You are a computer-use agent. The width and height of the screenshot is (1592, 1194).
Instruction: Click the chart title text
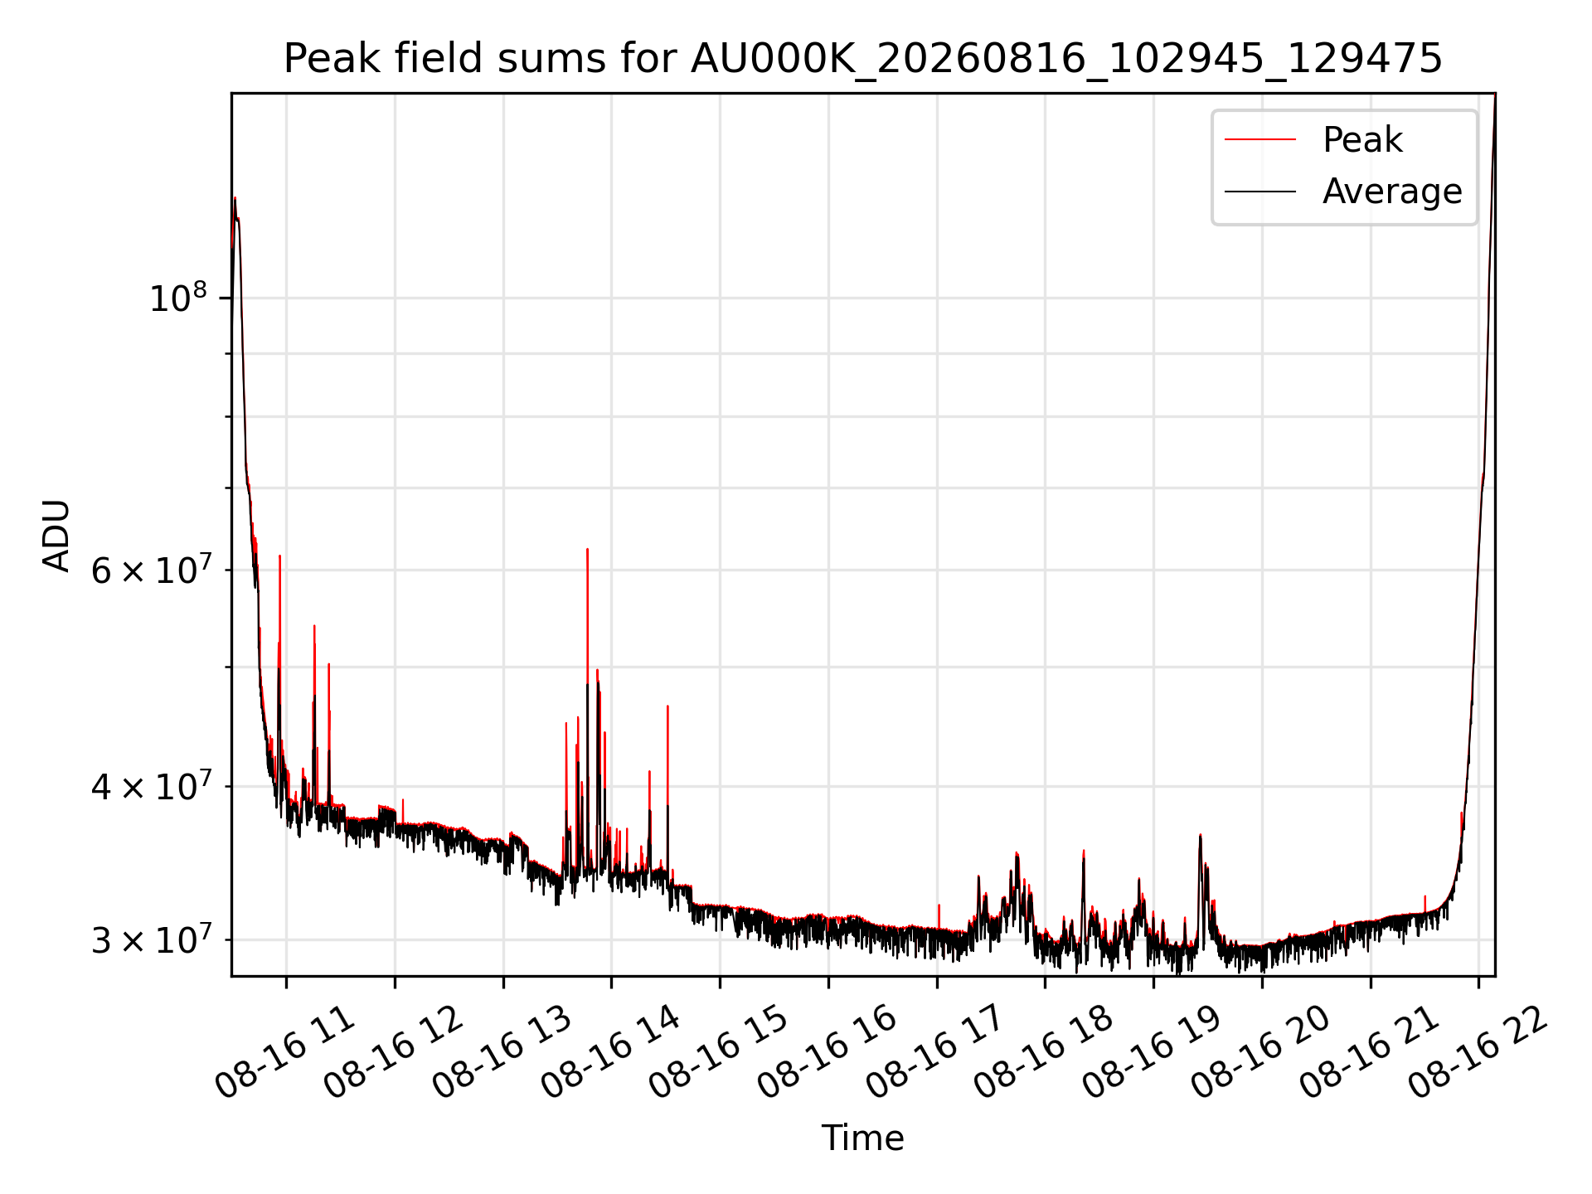862,59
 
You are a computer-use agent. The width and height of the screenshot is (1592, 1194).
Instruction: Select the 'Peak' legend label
1362,139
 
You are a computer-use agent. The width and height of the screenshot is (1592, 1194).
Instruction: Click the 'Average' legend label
1392,192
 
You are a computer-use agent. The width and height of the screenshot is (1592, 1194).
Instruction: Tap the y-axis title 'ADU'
56,535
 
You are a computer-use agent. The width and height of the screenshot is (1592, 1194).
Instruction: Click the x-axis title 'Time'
862,1138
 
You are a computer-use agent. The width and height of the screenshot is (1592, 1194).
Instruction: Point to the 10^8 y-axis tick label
177,297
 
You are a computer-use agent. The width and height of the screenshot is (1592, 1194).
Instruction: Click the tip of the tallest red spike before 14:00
587,549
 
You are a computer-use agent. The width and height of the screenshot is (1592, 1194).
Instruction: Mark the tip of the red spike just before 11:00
279,556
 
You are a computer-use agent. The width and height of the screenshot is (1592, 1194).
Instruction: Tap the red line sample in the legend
1260,140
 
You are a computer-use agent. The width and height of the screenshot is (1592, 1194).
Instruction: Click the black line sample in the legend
1260,192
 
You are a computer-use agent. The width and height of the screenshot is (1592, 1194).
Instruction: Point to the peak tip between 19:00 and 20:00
1200,835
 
